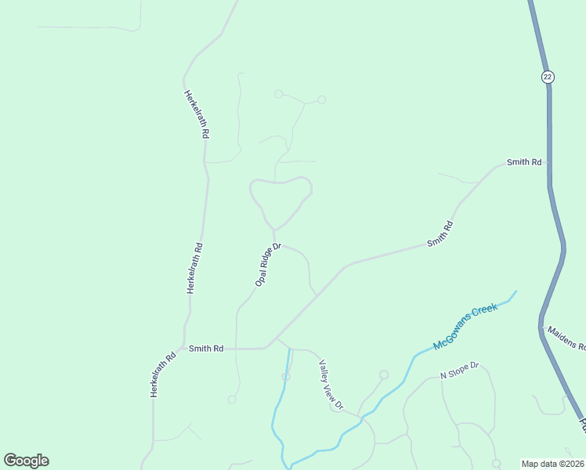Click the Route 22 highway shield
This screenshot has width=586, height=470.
tap(547, 76)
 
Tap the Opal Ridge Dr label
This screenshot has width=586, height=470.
tap(268, 263)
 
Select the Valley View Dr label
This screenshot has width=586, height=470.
tap(331, 385)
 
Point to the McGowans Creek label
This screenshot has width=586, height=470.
tap(465, 327)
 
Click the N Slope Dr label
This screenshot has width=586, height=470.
tap(459, 371)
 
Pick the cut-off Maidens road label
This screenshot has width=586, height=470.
tap(566, 338)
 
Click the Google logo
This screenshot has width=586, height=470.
tap(26, 461)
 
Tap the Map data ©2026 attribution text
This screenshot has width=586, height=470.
tap(553, 464)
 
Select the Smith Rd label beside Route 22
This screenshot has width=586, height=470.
tap(524, 162)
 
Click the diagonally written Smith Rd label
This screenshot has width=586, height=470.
tap(439, 235)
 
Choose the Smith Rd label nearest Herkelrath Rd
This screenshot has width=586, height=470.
tap(206, 348)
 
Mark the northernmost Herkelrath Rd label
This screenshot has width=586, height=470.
tap(197, 114)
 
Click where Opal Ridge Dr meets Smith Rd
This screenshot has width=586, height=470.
tap(237, 349)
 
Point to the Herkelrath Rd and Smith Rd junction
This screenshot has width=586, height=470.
tap(185, 347)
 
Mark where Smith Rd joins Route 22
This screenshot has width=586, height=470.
tap(548, 163)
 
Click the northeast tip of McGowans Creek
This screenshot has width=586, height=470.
tap(516, 292)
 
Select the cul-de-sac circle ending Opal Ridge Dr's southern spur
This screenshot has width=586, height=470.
tap(232, 399)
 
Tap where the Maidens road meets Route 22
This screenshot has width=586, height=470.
tap(541, 325)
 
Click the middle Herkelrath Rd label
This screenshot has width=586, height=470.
tap(194, 268)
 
